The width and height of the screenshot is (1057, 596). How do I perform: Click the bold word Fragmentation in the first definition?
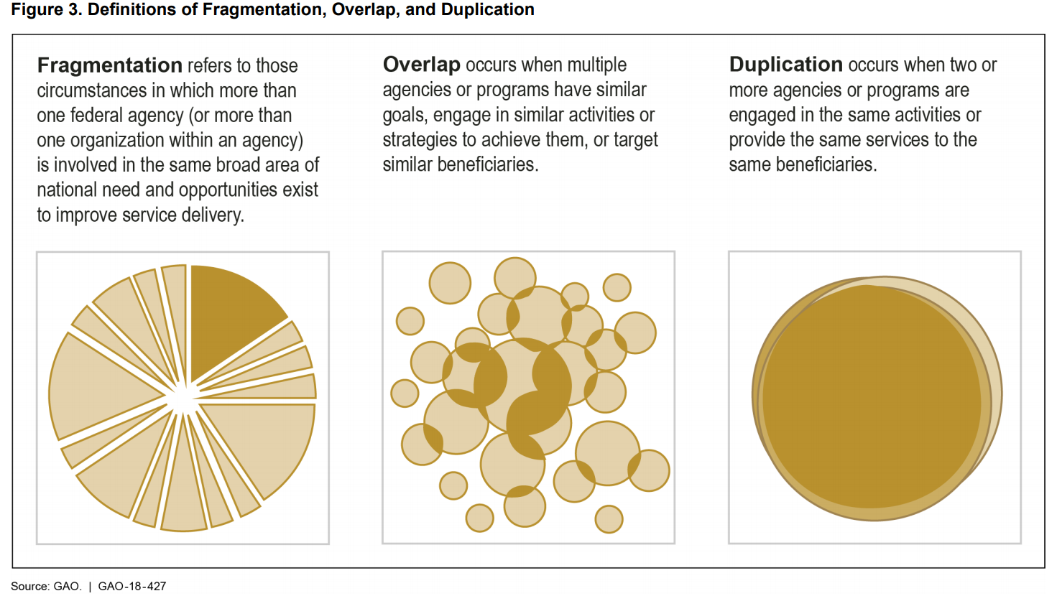(x=109, y=65)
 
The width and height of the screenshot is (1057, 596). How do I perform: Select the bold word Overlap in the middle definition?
(x=421, y=65)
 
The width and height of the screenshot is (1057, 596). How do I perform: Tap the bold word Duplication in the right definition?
(x=785, y=65)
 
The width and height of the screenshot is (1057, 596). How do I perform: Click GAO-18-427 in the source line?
(x=132, y=586)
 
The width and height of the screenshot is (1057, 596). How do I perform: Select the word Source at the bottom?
(x=29, y=586)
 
